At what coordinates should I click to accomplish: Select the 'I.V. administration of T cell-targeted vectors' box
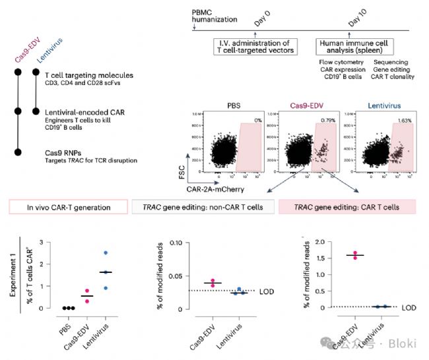tap(256, 47)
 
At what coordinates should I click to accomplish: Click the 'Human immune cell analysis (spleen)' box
tap(354, 47)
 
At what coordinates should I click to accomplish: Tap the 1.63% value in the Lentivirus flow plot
tap(404, 120)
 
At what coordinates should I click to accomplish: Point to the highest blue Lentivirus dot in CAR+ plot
tap(106, 253)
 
